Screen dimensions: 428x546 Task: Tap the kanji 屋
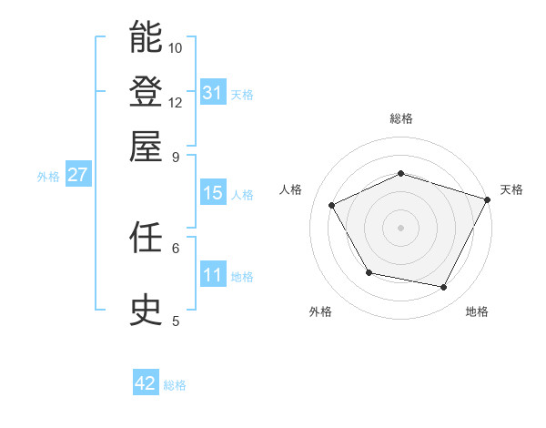[146, 146]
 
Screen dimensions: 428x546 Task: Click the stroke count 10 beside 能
[176, 47]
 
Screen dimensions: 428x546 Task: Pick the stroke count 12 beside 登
[176, 102]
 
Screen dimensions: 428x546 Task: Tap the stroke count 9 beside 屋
[176, 156]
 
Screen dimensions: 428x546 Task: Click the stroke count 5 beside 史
[176, 321]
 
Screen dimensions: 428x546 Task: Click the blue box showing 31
[212, 93]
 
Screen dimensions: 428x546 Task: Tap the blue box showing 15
[212, 193]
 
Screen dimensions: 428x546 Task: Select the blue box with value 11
[212, 275]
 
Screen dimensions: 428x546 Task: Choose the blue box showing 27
[77, 175]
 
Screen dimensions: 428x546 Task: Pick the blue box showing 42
[145, 383]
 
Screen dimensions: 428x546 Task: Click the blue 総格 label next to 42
[175, 385]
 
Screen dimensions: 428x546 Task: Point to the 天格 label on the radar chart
[511, 189]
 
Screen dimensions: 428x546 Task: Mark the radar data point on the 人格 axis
[332, 206]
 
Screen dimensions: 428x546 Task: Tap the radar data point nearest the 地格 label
[444, 288]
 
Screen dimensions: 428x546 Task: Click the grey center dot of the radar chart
[400, 228]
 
